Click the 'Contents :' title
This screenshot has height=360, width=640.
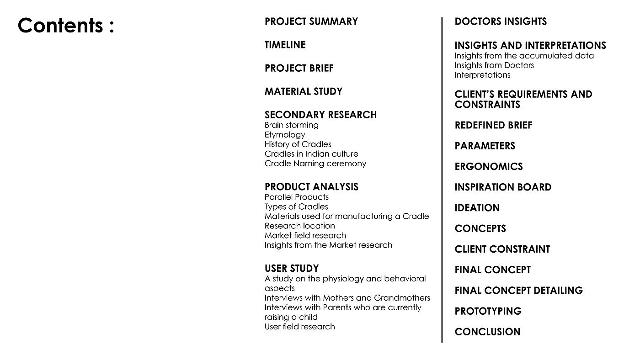66,26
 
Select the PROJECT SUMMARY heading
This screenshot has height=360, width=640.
311,21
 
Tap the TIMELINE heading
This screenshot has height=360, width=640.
285,45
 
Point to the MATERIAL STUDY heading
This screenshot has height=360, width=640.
303,91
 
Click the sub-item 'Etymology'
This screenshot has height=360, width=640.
284,135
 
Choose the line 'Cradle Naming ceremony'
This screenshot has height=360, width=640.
315,164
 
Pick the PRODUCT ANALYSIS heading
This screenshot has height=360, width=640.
311,187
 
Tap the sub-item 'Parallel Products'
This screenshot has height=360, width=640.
296,197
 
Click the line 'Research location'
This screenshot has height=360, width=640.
299,226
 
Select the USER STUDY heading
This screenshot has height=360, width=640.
291,269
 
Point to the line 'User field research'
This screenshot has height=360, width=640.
299,327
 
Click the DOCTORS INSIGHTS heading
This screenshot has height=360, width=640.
500,21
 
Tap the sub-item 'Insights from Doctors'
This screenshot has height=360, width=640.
494,65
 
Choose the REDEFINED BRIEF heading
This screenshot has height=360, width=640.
493,125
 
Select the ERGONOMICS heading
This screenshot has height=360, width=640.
488,167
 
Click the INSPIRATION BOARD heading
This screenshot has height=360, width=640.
503,187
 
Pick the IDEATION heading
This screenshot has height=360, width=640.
477,208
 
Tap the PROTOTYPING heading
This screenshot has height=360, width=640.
488,311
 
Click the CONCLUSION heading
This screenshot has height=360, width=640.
487,332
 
